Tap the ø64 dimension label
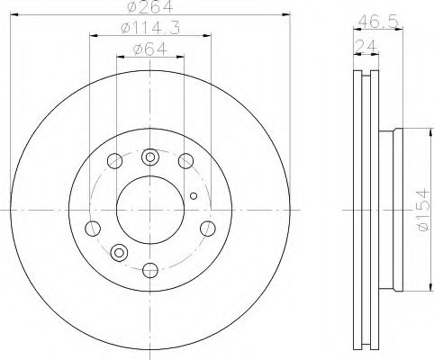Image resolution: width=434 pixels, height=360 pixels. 149,49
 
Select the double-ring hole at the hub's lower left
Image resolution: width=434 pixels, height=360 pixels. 118,250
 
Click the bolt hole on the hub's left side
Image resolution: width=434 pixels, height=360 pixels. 91,228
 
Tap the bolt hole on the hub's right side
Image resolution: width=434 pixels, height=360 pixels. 208,228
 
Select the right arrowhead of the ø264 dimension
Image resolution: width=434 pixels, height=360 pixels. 288,14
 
